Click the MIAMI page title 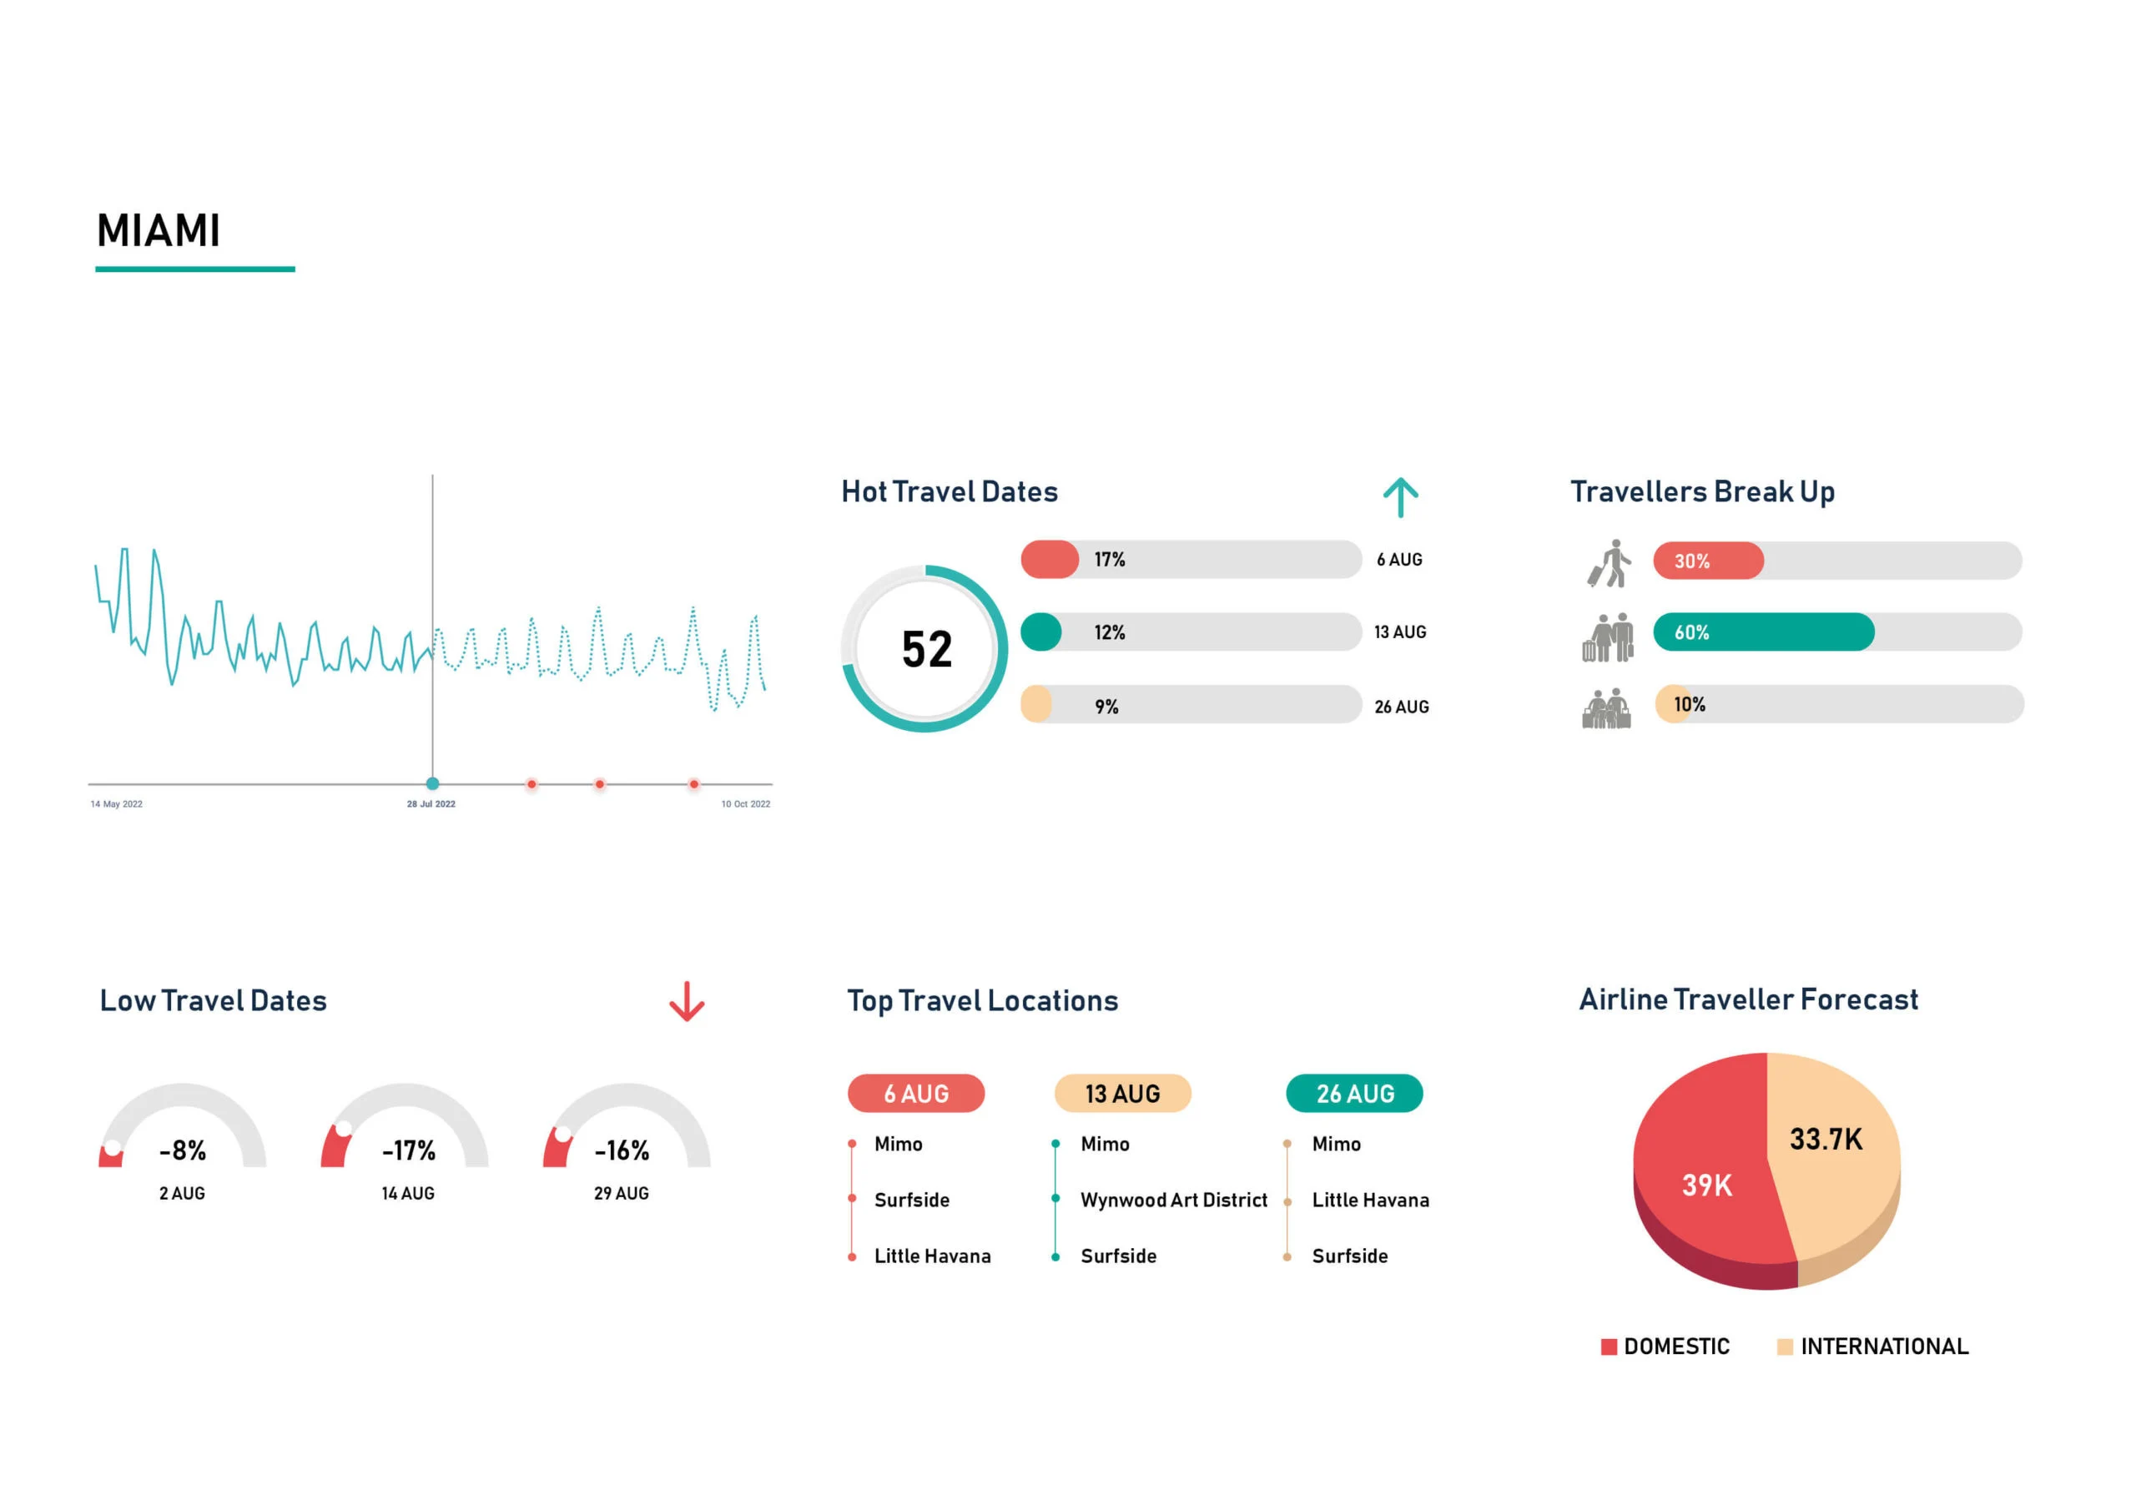[159, 231]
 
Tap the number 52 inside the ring [927, 649]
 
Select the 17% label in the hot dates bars [1109, 560]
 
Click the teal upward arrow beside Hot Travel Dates [1400, 497]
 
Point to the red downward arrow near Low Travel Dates [687, 1002]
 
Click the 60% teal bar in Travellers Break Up [1763, 632]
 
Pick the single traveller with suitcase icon [1610, 563]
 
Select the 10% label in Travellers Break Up [1690, 705]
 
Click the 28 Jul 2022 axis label [431, 805]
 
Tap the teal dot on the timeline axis [432, 784]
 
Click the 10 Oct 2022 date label [745, 805]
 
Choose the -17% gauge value [408, 1151]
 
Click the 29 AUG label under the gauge [622, 1194]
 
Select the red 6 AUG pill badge [915, 1094]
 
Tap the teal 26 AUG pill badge [1354, 1094]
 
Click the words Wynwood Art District [1173, 1200]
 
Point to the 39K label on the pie [1706, 1185]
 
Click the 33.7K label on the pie [1826, 1140]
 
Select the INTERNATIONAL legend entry [1883, 1346]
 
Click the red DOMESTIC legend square [1609, 1347]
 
